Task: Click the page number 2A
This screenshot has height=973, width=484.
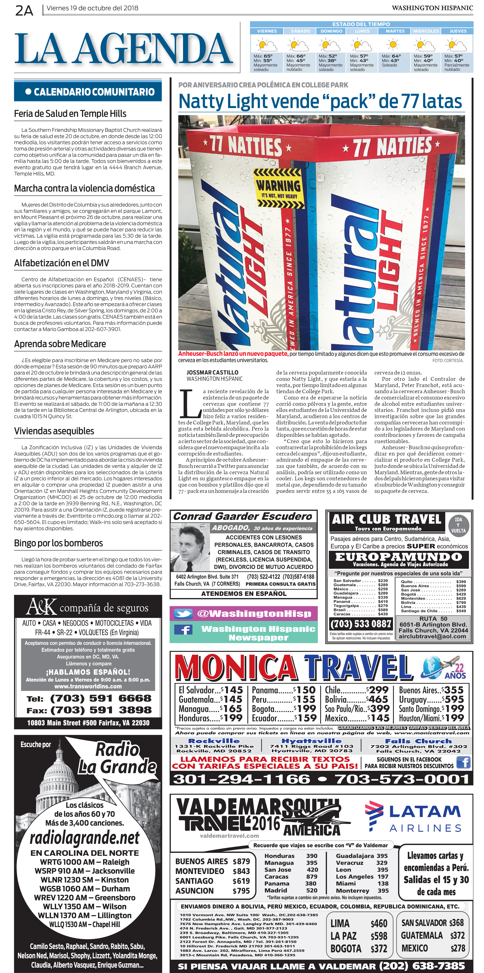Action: pos(24,11)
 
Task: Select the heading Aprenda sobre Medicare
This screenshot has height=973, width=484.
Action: pos(60,344)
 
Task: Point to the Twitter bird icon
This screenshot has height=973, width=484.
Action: pos(183,614)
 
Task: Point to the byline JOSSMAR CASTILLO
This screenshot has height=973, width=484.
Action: pos(212,372)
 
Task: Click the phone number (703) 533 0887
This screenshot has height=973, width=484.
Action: pos(360,624)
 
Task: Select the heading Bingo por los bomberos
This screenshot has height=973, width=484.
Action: pos(59,543)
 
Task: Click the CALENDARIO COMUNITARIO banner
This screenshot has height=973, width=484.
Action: pos(88,92)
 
